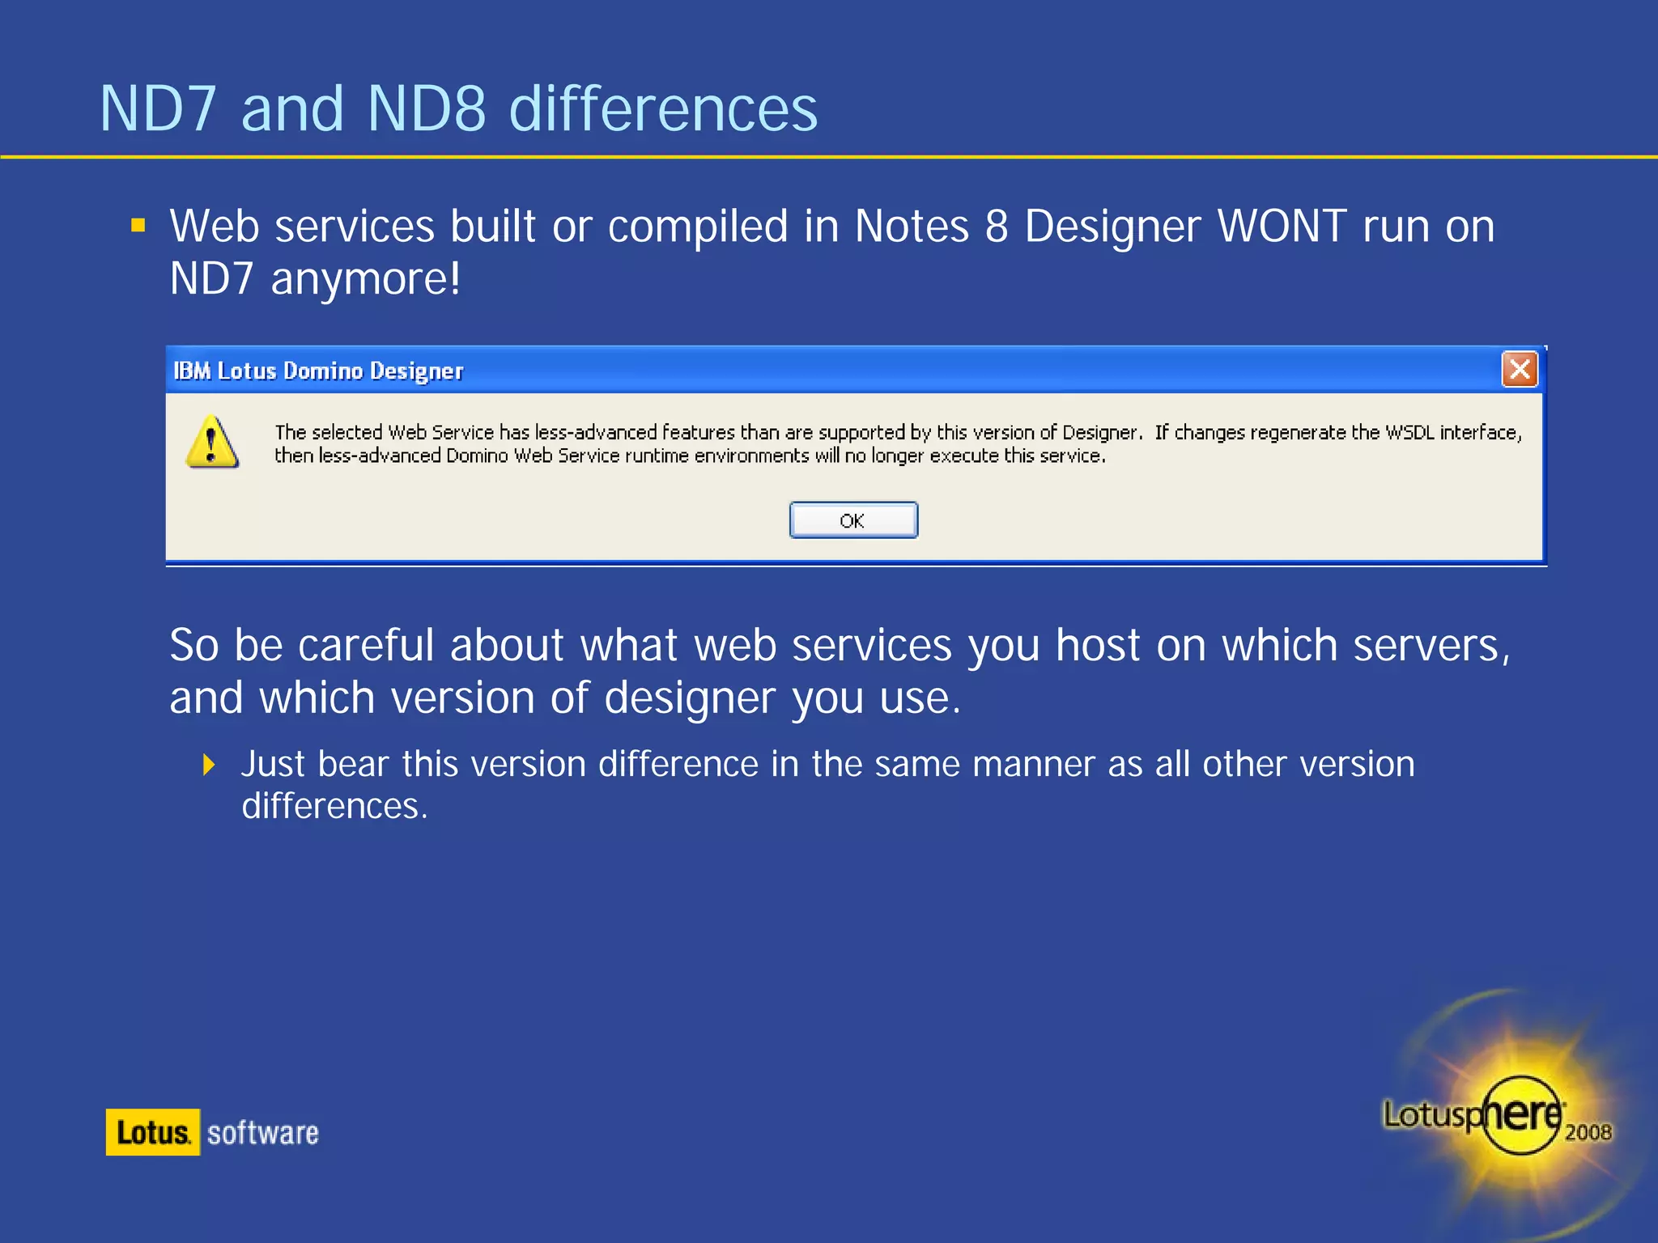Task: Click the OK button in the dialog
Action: [x=853, y=520]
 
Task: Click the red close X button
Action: [x=1520, y=370]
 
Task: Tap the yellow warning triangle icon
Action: [x=212, y=443]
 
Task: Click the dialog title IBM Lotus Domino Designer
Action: [x=318, y=371]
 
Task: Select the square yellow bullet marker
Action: [x=138, y=225]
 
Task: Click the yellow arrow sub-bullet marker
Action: [x=209, y=765]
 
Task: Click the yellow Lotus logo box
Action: [x=153, y=1132]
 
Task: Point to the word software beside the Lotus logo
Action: [x=263, y=1133]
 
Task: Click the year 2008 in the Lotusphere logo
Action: [x=1588, y=1132]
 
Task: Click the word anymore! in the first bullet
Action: [x=366, y=279]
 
